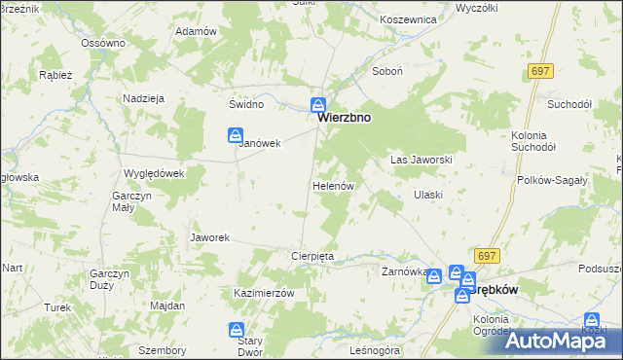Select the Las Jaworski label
(x=421, y=159)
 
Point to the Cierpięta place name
(x=312, y=256)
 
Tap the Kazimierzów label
(x=264, y=293)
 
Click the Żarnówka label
(x=403, y=272)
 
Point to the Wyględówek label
(x=147, y=172)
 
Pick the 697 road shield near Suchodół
(x=540, y=72)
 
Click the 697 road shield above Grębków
(x=487, y=255)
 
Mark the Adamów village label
(x=195, y=31)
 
